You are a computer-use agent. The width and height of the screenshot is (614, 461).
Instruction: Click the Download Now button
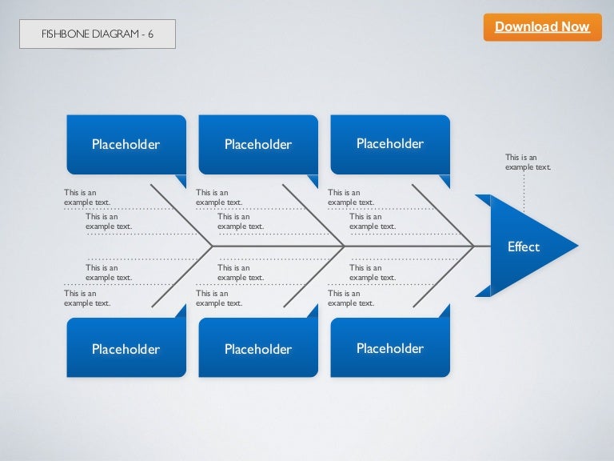[x=542, y=27]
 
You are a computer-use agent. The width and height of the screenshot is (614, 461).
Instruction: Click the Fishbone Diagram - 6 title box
[x=98, y=34]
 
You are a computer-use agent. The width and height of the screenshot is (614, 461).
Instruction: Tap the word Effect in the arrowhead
[x=524, y=247]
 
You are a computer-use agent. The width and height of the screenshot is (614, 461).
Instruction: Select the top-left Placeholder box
[x=126, y=144]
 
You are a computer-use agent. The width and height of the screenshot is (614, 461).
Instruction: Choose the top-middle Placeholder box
[x=258, y=144]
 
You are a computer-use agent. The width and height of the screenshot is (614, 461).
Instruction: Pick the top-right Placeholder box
[x=390, y=144]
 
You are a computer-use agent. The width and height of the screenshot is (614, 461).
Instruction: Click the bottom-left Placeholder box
[x=126, y=347]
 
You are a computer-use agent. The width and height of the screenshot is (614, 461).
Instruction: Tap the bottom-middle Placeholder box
[x=258, y=347]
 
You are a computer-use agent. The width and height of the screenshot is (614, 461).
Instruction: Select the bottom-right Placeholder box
[x=390, y=347]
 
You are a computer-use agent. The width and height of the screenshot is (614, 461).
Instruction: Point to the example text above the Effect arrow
[x=528, y=162]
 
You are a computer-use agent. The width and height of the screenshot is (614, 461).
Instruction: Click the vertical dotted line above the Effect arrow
[x=524, y=193]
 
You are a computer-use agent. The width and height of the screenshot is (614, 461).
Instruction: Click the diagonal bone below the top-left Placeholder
[x=181, y=215]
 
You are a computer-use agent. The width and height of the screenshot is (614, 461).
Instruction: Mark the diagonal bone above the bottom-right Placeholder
[x=444, y=276]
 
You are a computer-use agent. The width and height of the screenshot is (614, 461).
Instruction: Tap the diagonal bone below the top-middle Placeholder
[x=313, y=215]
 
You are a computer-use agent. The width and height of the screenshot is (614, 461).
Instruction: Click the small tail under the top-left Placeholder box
[x=181, y=181]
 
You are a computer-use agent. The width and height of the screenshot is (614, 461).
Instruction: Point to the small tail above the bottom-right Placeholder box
[x=445, y=311]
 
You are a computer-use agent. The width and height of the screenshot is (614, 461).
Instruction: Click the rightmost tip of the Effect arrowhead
[x=578, y=246]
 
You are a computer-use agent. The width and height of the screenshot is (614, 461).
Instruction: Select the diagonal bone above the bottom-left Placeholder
[x=182, y=276]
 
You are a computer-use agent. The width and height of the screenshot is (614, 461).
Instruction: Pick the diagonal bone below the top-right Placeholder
[x=443, y=215]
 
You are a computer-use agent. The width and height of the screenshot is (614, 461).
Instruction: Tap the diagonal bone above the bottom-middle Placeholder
[x=314, y=276]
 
